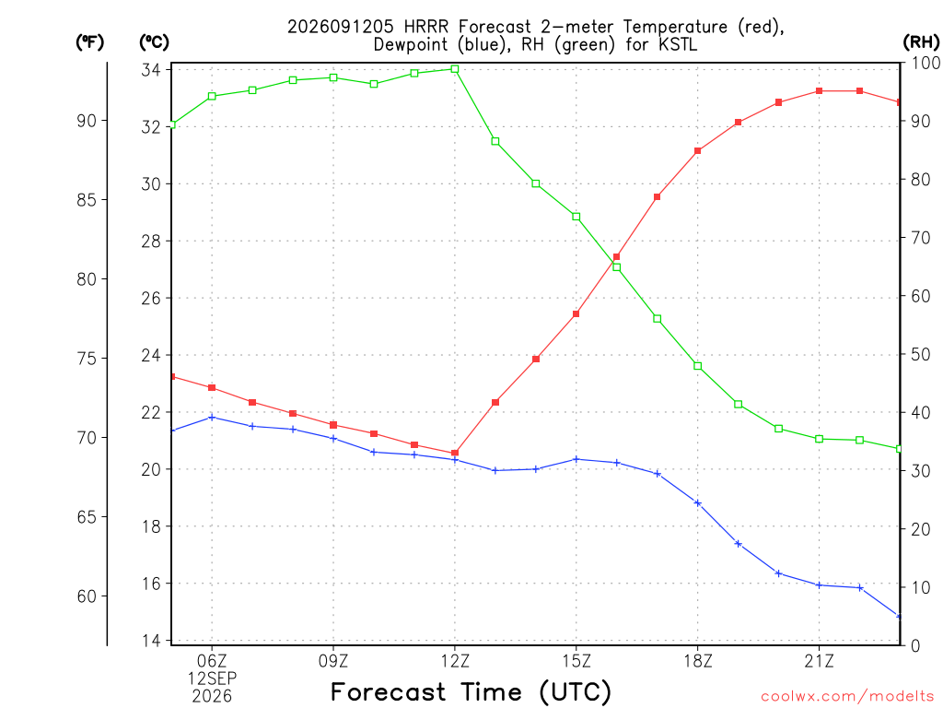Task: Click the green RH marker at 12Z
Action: (x=455, y=69)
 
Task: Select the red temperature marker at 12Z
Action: (x=455, y=453)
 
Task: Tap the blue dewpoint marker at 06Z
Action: (x=212, y=418)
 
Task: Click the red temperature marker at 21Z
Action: (x=819, y=91)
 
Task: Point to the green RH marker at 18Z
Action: (x=698, y=366)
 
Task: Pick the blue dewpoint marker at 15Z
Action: (x=576, y=459)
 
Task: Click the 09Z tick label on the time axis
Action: (x=333, y=661)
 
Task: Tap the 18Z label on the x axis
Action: (x=698, y=661)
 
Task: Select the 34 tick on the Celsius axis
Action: (x=151, y=70)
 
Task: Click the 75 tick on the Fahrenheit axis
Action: (x=87, y=359)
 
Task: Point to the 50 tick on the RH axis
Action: (x=920, y=354)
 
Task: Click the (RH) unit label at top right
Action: (x=921, y=41)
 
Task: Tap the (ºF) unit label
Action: (x=89, y=42)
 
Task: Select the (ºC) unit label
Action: (x=154, y=42)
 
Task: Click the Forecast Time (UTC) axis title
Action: (x=471, y=691)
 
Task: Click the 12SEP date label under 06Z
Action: (x=212, y=678)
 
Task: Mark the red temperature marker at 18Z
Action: (x=698, y=150)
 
